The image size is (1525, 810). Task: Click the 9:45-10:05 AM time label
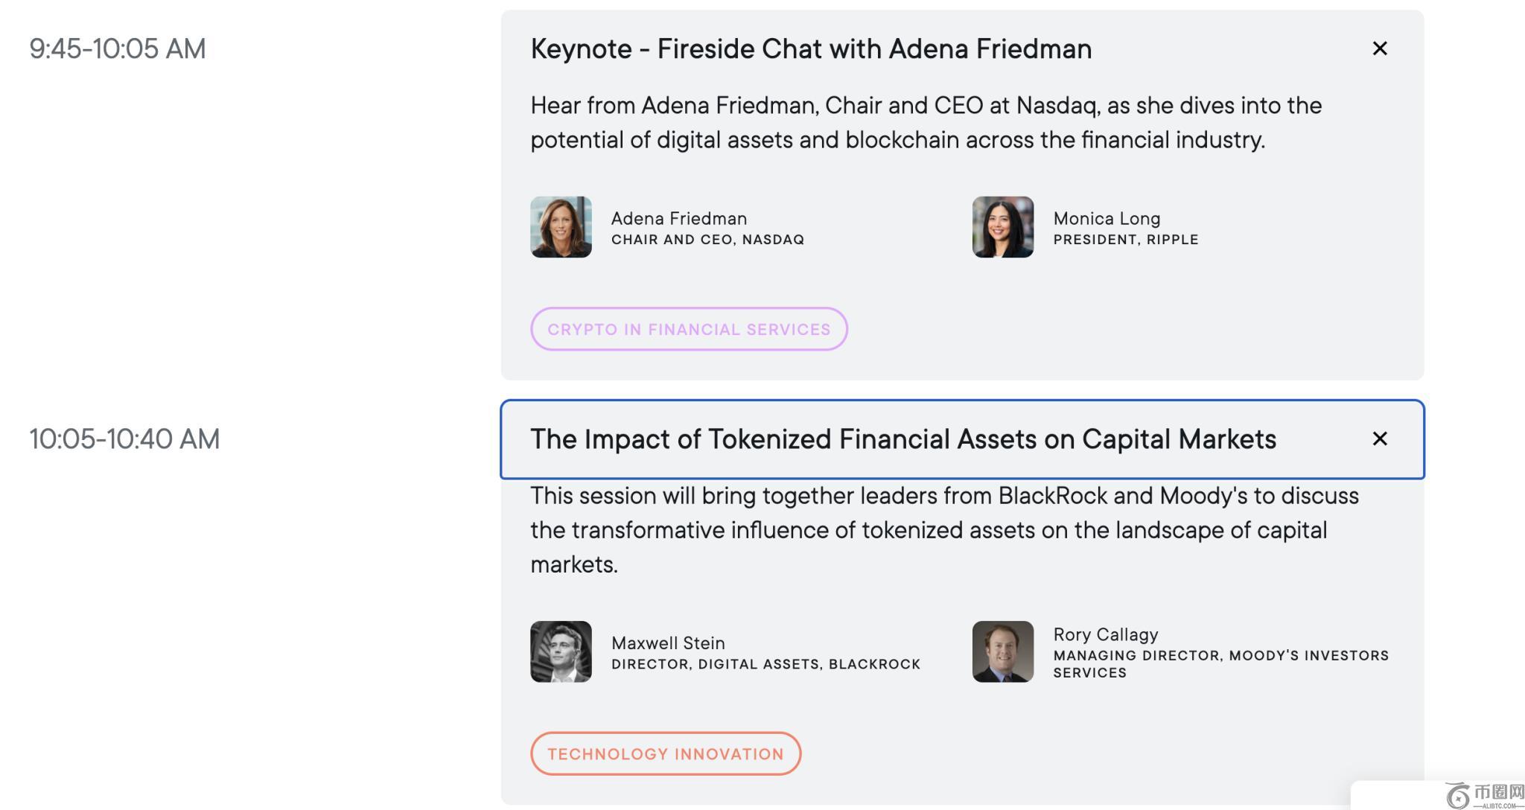click(x=118, y=49)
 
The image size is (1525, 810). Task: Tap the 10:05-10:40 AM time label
click(x=124, y=439)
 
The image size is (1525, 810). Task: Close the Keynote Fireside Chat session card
click(x=1380, y=48)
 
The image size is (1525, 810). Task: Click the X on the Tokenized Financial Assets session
click(x=1380, y=439)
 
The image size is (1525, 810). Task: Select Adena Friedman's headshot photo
click(x=561, y=227)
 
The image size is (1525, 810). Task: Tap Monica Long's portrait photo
click(x=1003, y=227)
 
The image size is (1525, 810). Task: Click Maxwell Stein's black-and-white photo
click(x=561, y=651)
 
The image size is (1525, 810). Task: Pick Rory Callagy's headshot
click(x=1003, y=651)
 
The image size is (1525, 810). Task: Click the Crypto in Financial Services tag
click(x=689, y=329)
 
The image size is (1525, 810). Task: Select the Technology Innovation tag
click(x=666, y=753)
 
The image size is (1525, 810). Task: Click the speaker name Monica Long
click(x=1107, y=219)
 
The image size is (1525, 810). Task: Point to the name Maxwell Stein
click(x=668, y=643)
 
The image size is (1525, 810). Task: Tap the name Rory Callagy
click(x=1106, y=635)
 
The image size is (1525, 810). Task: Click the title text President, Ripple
click(x=1126, y=240)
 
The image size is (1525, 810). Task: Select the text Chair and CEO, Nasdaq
click(x=707, y=240)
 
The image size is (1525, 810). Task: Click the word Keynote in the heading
click(x=582, y=49)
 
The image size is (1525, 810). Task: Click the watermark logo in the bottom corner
click(x=1485, y=795)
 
